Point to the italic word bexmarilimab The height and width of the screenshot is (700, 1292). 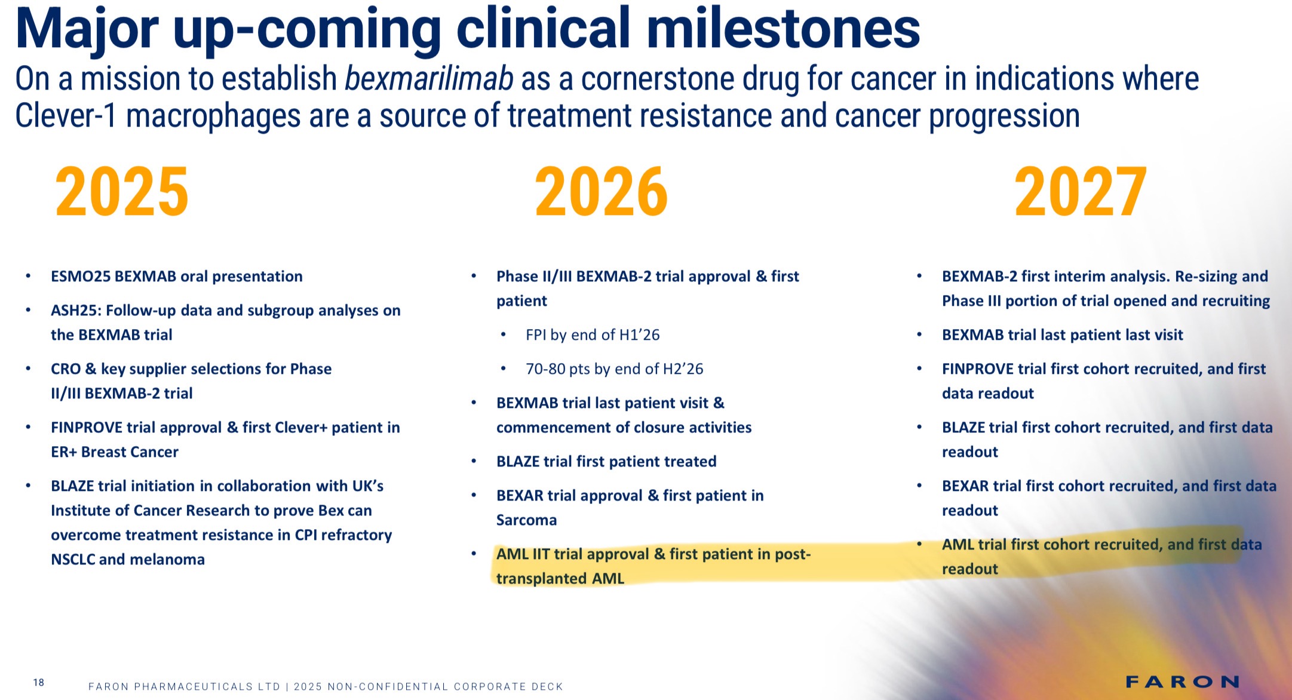click(x=429, y=79)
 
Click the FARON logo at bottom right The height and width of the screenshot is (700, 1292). click(x=1183, y=681)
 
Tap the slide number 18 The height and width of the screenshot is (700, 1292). click(x=39, y=683)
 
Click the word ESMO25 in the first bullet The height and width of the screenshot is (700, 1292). click(x=80, y=276)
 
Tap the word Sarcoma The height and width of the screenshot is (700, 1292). click(x=526, y=520)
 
